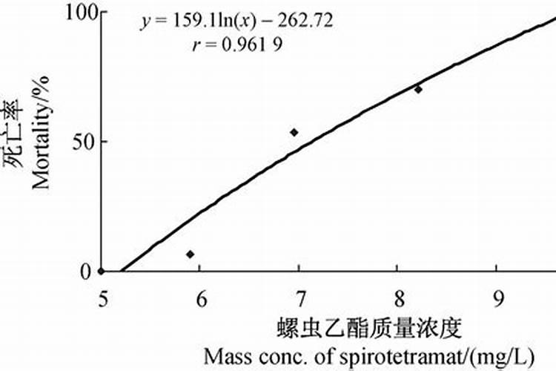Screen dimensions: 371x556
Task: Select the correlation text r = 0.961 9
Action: click(236, 44)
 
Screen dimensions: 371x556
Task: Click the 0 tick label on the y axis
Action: click(85, 272)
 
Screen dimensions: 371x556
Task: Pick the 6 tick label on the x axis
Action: click(200, 298)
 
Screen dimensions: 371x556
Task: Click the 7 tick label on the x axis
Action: click(300, 298)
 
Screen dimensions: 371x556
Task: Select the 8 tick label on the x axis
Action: click(400, 298)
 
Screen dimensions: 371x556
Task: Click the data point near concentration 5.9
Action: click(190, 255)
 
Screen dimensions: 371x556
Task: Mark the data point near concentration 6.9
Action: click(294, 132)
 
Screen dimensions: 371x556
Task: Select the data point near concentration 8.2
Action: click(418, 89)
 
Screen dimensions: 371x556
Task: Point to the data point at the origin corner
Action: click(101, 272)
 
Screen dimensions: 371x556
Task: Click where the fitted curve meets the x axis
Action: click(121, 272)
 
